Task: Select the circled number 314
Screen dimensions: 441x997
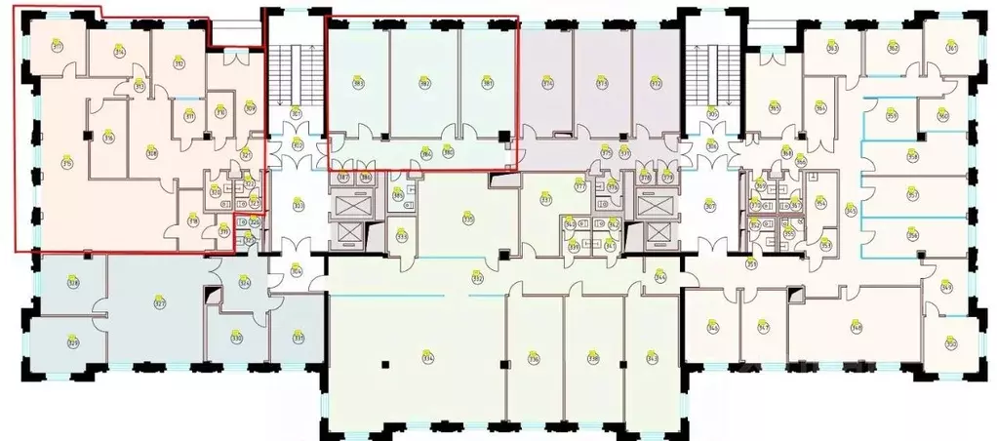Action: point(120,51)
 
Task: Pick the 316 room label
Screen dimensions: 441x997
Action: point(108,138)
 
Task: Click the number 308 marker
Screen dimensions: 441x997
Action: point(151,152)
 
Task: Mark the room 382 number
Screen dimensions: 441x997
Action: point(424,84)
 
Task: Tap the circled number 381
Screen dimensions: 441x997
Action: point(487,84)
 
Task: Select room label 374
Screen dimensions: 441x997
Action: point(547,84)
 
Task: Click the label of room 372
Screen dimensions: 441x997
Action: point(656,84)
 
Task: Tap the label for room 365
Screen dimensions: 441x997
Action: point(775,108)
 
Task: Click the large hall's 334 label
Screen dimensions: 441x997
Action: point(427,358)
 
